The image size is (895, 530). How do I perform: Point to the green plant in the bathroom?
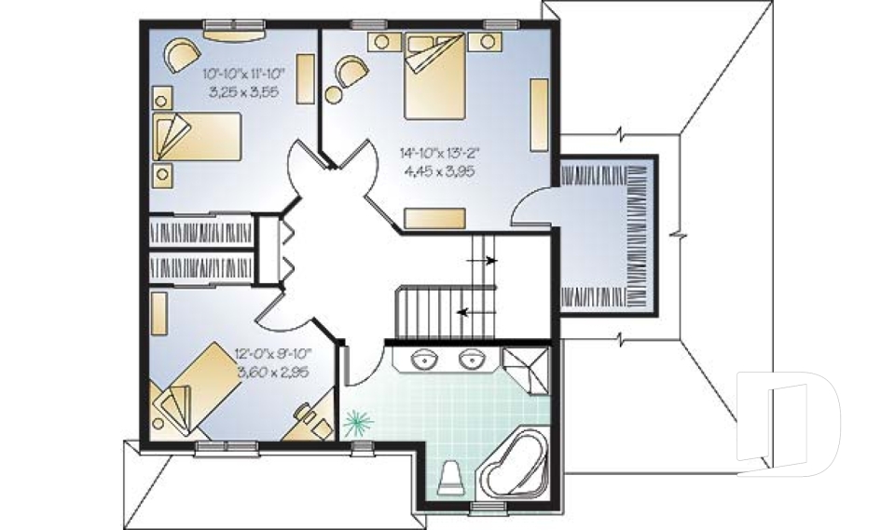[x=354, y=425]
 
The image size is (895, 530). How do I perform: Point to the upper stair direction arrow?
[x=489, y=262]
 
